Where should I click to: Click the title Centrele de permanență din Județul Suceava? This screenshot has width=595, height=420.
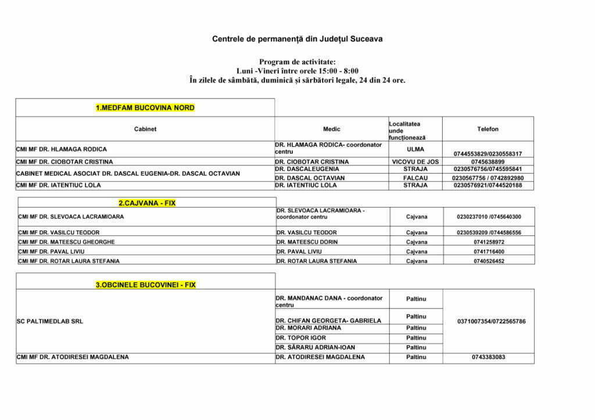click(297, 39)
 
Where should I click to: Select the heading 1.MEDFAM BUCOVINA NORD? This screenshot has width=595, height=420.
click(145, 108)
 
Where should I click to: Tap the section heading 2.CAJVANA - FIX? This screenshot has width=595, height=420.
click(147, 204)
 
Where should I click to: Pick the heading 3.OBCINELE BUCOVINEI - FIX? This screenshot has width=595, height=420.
click(145, 285)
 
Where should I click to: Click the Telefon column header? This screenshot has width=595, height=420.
click(488, 129)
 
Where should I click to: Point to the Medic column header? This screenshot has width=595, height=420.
click(332, 129)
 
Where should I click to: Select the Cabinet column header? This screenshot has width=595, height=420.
click(145, 129)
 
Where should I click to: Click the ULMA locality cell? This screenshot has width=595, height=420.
click(415, 149)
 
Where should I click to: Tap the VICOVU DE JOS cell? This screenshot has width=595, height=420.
click(415, 162)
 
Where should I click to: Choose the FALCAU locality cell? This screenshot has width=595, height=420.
click(415, 178)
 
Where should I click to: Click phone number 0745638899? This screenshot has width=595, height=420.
click(488, 162)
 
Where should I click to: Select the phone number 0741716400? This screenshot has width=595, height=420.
click(489, 252)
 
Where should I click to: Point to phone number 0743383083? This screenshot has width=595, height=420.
click(489, 357)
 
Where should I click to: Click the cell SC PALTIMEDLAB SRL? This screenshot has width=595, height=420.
click(50, 321)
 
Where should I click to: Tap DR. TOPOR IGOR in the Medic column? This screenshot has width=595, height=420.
click(301, 338)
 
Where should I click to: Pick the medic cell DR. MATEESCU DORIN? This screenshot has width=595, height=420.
click(307, 242)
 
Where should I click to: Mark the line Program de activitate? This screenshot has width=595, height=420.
click(297, 61)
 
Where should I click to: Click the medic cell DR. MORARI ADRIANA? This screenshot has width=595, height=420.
click(308, 328)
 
